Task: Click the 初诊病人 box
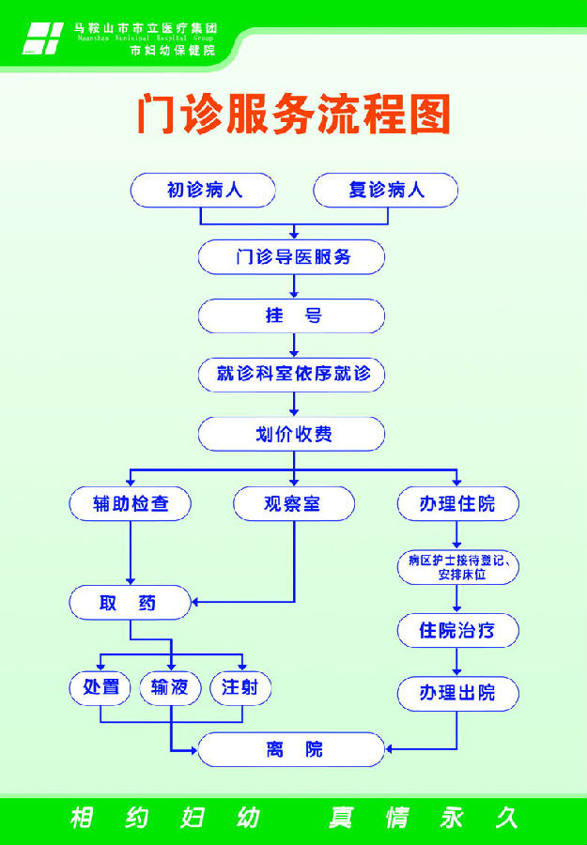(203, 191)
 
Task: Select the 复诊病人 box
(385, 191)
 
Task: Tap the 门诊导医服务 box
(292, 255)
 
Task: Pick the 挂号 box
(292, 315)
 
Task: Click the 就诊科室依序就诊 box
(292, 375)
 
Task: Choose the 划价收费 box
(292, 434)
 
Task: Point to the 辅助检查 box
(131, 503)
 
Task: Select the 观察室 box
(294, 503)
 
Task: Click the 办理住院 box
(457, 503)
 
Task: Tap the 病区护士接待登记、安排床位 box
(457, 567)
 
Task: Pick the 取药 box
(131, 602)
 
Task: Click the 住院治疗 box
(457, 630)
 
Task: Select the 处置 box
(100, 687)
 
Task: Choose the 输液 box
(170, 687)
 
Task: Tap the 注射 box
(241, 687)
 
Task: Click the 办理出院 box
(457, 693)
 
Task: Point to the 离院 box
(292, 749)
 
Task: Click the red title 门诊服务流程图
(293, 114)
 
